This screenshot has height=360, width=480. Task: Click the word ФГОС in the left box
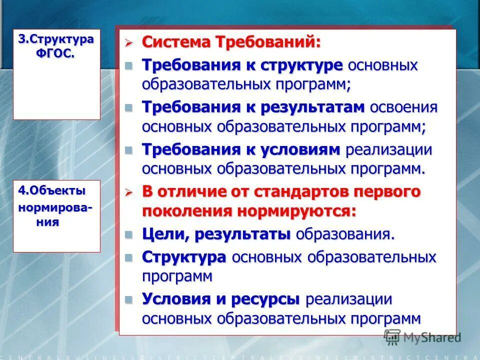55,53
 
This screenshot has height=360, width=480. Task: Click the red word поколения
187,210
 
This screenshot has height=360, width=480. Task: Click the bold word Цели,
165,234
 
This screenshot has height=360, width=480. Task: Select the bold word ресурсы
265,299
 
